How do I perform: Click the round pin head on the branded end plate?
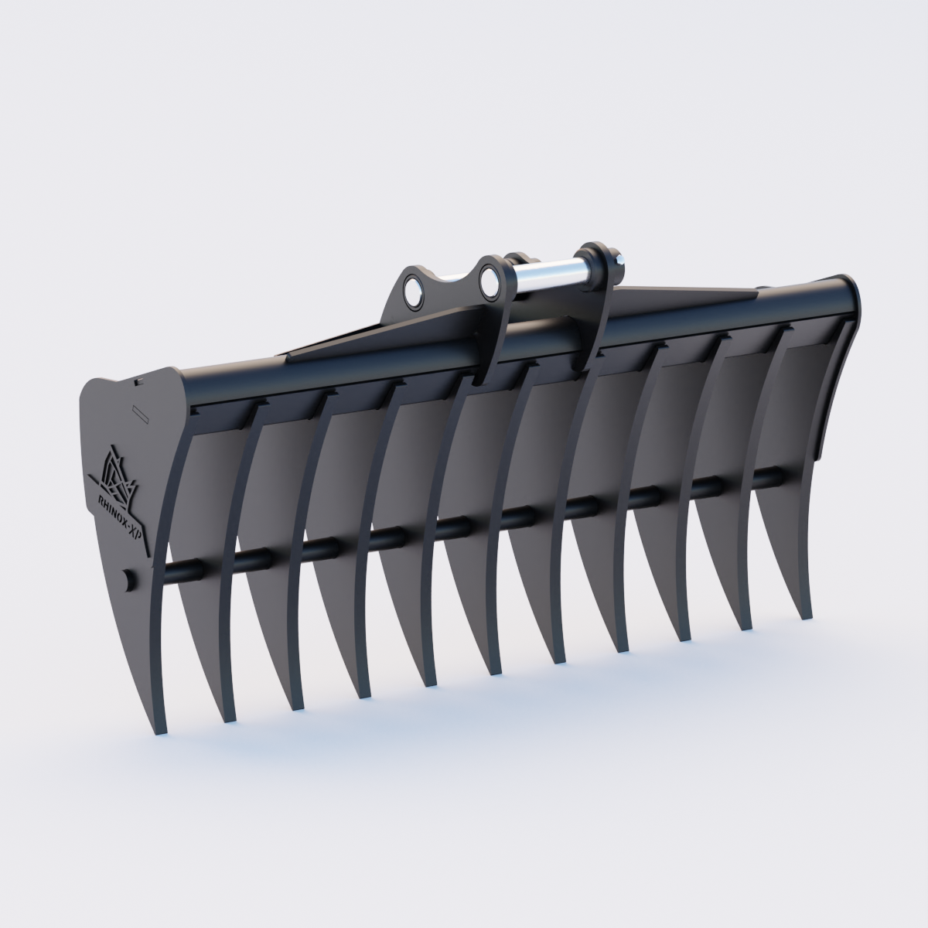(x=128, y=578)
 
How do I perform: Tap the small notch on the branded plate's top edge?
(x=138, y=380)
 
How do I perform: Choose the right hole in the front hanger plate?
(x=490, y=281)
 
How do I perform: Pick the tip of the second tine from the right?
(x=745, y=625)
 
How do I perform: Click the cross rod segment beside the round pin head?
(x=183, y=570)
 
